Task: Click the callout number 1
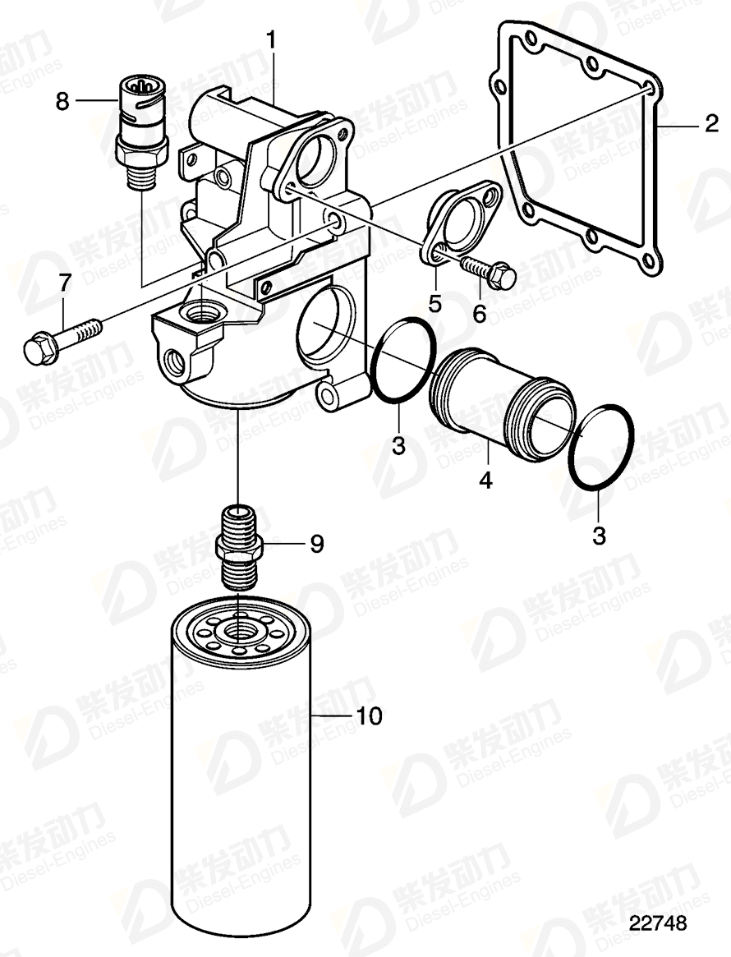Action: point(271,39)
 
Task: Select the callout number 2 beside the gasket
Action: point(710,126)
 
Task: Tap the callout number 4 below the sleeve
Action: point(485,480)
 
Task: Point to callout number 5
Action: point(434,302)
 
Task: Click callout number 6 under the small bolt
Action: point(479,312)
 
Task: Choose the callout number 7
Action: point(64,284)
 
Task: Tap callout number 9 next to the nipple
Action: point(315,543)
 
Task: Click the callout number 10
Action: point(370,716)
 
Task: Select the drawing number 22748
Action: point(657,924)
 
